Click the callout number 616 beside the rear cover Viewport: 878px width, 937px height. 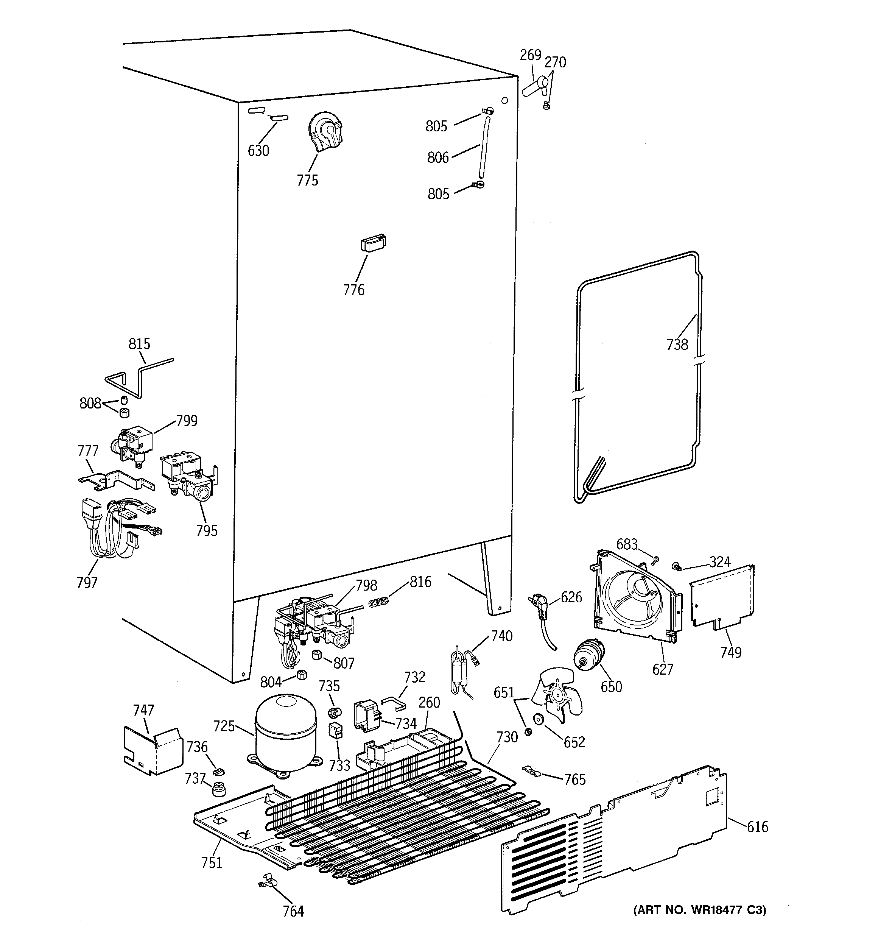757,827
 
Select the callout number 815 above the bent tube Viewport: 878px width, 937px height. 140,344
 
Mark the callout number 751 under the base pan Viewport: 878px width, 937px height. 212,862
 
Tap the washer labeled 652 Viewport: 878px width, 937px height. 538,720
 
